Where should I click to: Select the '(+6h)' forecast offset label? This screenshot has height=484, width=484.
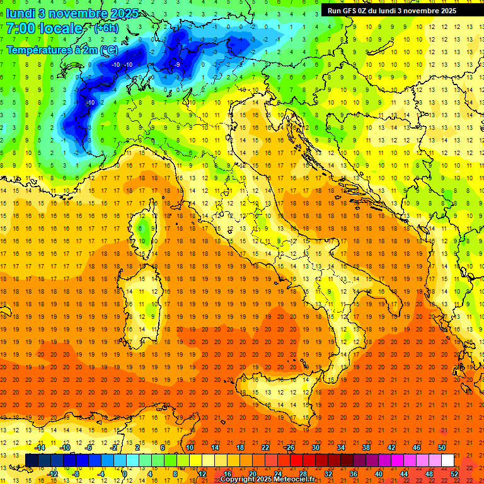pyautogui.click(x=106, y=28)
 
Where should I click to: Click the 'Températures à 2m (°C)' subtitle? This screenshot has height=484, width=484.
pyautogui.click(x=62, y=50)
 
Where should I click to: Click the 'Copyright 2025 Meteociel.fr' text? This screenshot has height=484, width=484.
pyautogui.click(x=267, y=480)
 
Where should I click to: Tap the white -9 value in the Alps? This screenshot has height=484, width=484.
pyautogui.click(x=178, y=65)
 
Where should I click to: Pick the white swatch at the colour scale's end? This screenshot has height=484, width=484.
pyautogui.click(x=447, y=460)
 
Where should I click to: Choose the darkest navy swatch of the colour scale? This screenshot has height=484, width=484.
pyautogui.click(x=32, y=460)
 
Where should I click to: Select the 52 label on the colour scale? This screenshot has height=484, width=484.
pyautogui.click(x=454, y=473)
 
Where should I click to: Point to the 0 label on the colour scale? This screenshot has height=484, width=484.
pyautogui.click(x=125, y=473)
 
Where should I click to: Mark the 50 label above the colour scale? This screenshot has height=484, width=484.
pyautogui.click(x=442, y=447)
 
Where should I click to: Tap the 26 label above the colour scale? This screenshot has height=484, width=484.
pyautogui.click(x=291, y=447)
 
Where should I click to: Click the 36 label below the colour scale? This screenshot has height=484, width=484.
pyautogui.click(x=354, y=473)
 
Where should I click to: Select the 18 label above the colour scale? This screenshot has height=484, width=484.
pyautogui.click(x=240, y=447)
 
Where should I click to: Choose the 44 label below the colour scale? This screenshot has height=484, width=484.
pyautogui.click(x=404, y=473)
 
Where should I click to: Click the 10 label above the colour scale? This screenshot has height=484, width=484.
pyautogui.click(x=189, y=447)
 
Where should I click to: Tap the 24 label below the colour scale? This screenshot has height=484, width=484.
pyautogui.click(x=278, y=473)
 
